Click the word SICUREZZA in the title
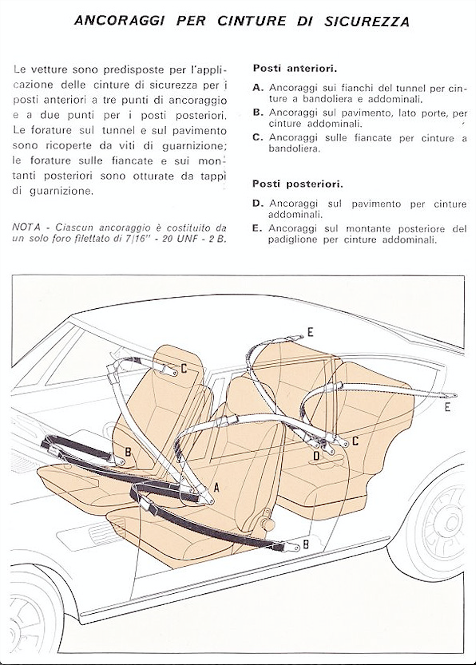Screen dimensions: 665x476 point(367,22)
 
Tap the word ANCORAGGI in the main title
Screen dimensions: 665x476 point(119,21)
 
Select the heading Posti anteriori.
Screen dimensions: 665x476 point(295,68)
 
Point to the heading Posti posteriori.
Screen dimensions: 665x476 point(298,184)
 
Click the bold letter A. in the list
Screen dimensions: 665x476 point(258,88)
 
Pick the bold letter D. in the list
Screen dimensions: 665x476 point(258,204)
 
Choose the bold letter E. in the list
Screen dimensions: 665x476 point(258,229)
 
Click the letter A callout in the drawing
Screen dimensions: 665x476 point(216,488)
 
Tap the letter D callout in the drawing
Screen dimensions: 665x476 point(316,456)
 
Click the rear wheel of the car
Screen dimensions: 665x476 point(445,526)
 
